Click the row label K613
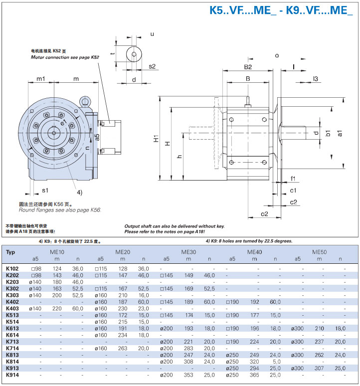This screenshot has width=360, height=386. pyautogui.click(x=12, y=328)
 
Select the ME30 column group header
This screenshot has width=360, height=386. pyautogui.click(x=188, y=252)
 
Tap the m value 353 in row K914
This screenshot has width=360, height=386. pyautogui.click(x=188, y=375)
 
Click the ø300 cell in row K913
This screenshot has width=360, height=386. pyautogui.click(x=297, y=368)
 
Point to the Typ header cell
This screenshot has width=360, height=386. pyautogui.click(x=10, y=252)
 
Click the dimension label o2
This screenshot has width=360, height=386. pyautogui.click(x=264, y=214)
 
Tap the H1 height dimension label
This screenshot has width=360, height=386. pyautogui.click(x=156, y=138)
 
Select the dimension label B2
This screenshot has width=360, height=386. pyautogui.click(x=248, y=67)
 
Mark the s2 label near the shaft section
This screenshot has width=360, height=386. pyautogui.click(x=152, y=66)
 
